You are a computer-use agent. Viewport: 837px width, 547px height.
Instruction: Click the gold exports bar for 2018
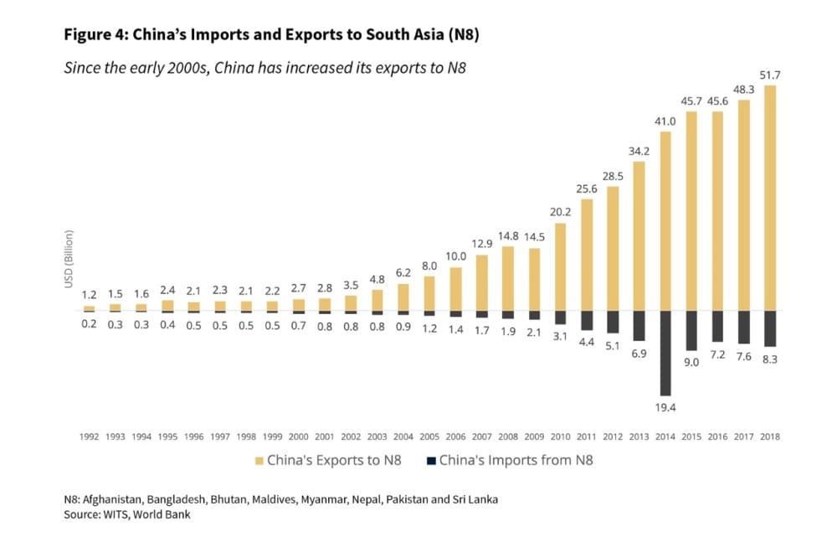770,198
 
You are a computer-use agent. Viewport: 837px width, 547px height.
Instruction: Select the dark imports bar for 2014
665,353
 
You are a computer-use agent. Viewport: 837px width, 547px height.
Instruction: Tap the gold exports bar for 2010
561,266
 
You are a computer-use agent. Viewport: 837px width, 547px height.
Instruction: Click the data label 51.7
770,76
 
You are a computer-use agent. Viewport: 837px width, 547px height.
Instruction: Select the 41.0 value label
665,121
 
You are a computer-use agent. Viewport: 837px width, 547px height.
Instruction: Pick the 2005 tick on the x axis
430,436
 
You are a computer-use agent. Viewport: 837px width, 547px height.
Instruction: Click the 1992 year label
90,436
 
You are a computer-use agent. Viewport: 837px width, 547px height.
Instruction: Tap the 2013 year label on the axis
639,436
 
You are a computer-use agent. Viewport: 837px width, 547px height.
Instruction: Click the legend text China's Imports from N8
516,460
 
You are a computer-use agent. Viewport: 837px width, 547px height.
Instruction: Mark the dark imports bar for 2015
691,330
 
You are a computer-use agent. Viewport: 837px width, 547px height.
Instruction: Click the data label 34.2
639,151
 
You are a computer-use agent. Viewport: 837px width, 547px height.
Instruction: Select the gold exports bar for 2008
508,278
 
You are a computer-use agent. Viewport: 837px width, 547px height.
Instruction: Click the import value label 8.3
770,358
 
